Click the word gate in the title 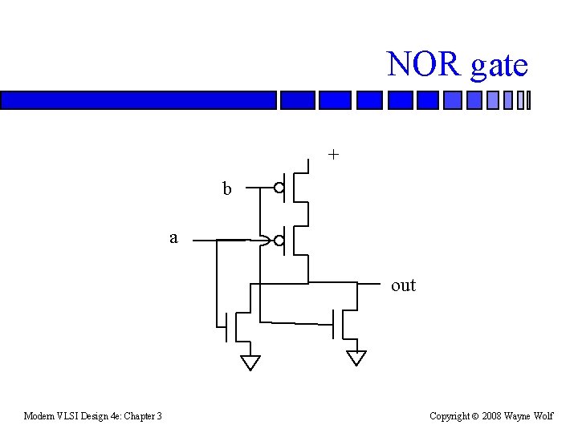(x=499, y=66)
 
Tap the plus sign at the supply (x=333, y=154)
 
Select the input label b (x=227, y=189)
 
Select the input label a (x=173, y=237)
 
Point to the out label (x=403, y=285)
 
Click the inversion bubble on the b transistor (x=279, y=189)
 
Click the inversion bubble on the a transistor (x=279, y=240)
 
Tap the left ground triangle (x=250, y=362)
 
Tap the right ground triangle (x=356, y=358)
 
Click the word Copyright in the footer (x=449, y=416)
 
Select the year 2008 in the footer (x=492, y=416)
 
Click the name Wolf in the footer (x=543, y=416)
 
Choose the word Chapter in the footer (x=139, y=416)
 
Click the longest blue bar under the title (x=138, y=100)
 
